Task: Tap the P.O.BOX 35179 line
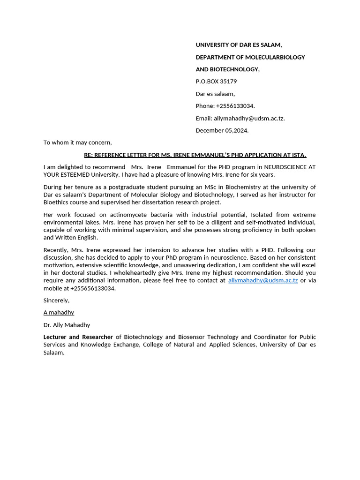[x=216, y=82]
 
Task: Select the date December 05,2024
[x=222, y=130]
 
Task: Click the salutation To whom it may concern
[x=77, y=142]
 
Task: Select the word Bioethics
[x=56, y=202]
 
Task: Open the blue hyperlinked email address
[x=263, y=280]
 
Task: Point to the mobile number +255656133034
[x=92, y=288]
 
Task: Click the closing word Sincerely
[x=56, y=300]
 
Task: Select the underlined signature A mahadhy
[x=59, y=313]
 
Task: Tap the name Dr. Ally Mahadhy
[x=67, y=325]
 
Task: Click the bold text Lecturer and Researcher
[x=78, y=337]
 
